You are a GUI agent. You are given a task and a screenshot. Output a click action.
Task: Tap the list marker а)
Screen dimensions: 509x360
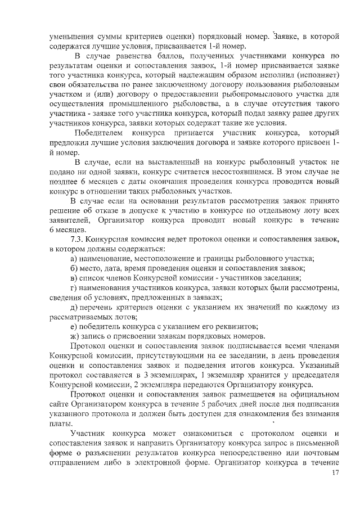[74, 258]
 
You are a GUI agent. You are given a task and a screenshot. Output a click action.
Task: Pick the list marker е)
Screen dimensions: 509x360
[74, 326]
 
